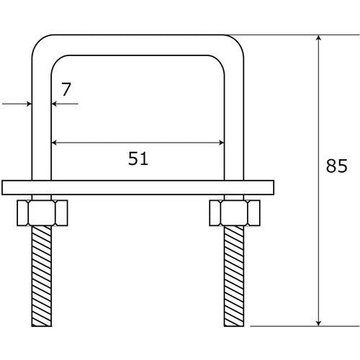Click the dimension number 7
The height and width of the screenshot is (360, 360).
pos(66,90)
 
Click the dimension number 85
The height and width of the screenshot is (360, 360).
pos(337,168)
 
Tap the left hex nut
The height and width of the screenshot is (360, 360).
pos(41,212)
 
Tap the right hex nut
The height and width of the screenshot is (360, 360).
pos(234,212)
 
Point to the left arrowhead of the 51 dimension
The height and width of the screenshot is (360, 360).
pos(55,143)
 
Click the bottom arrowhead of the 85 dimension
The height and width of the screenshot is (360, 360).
pos(318,321)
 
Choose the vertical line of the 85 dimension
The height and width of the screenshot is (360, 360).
pos(318,180)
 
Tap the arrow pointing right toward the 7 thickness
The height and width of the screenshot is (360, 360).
pos(27,104)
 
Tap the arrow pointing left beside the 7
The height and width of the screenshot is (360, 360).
pos(55,104)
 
